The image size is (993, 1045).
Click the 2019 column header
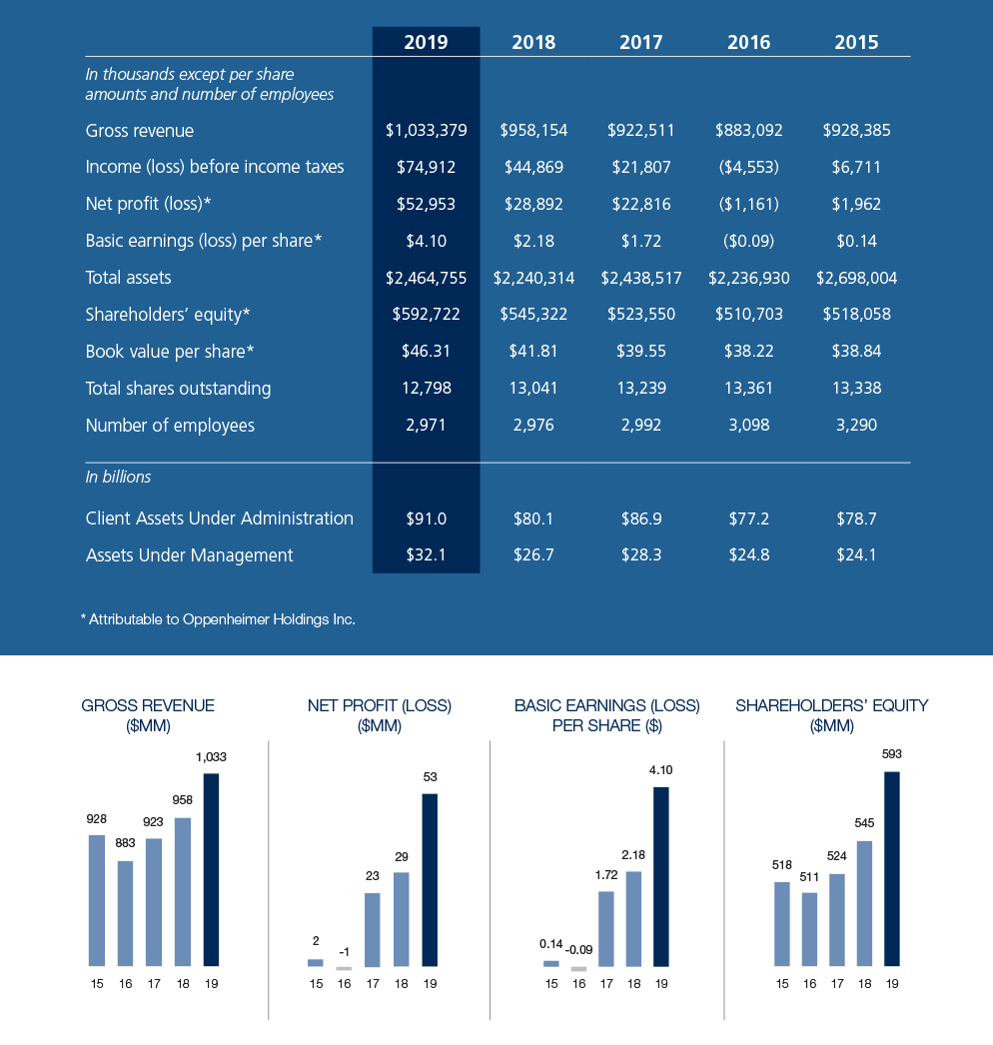coord(426,42)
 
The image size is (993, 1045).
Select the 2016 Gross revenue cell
coord(748,130)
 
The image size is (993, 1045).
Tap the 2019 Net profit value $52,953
coord(426,204)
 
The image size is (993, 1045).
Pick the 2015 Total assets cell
coord(856,278)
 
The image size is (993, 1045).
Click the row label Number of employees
coord(170,426)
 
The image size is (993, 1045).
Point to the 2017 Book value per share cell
coord(640,352)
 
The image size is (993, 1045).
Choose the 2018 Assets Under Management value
coord(533,555)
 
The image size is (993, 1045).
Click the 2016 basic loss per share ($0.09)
coord(748,241)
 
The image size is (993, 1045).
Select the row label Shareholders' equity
coord(167,315)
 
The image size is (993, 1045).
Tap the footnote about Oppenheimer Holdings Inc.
coord(218,619)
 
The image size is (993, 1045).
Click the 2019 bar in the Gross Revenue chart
coord(211,869)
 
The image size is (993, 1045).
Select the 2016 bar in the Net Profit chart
coord(344,968)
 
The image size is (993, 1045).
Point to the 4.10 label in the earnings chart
coord(660,770)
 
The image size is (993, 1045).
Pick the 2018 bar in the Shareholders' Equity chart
coord(864,903)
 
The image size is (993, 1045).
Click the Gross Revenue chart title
coord(147,715)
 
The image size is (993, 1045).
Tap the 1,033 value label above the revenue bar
coord(212,757)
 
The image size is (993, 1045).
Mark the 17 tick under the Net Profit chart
coord(373,984)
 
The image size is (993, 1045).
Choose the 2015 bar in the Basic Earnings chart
coord(551,963)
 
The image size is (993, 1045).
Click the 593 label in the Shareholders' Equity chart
coord(892,754)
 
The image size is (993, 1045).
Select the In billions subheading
coord(118,478)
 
